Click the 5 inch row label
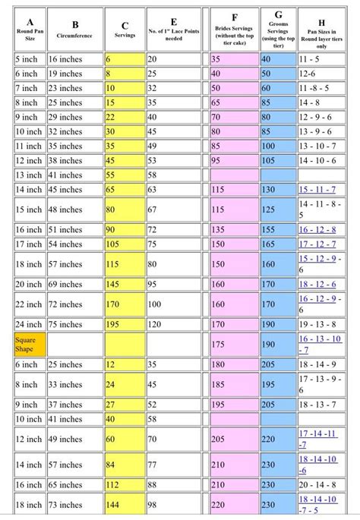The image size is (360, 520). (x=29, y=58)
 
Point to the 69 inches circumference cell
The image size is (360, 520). (x=74, y=283)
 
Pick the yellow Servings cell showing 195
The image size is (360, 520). (x=124, y=324)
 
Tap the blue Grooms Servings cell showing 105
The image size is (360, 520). (x=279, y=160)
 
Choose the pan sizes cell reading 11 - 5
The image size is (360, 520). (x=324, y=58)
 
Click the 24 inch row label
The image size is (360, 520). (x=29, y=324)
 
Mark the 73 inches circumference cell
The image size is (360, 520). (x=74, y=504)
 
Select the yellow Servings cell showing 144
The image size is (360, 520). (x=124, y=504)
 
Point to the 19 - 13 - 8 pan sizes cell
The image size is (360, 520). (x=324, y=324)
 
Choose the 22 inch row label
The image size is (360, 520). (x=29, y=304)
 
